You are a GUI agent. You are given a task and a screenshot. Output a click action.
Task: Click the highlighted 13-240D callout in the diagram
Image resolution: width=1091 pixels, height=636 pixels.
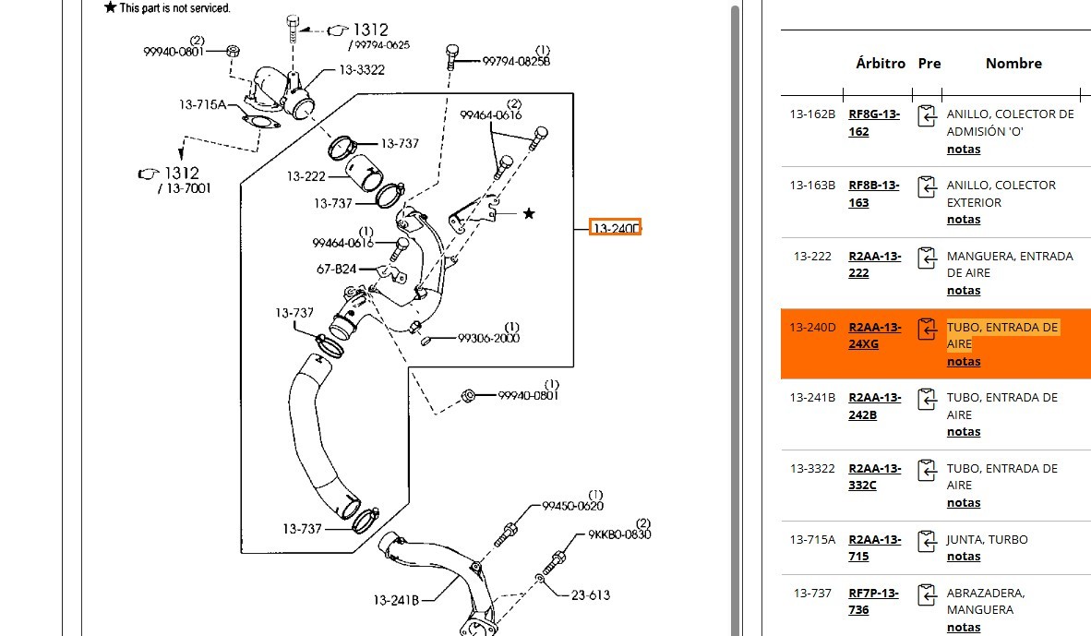click(615, 227)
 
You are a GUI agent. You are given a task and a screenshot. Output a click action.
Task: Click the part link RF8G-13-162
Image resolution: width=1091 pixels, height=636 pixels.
click(874, 123)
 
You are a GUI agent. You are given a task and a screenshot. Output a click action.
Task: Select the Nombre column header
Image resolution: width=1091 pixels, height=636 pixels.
click(1013, 64)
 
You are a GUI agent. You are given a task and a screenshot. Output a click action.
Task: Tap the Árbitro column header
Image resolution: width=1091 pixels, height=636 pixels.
click(880, 64)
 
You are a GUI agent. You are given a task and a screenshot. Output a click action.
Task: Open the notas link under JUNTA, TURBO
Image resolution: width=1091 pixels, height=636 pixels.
click(963, 557)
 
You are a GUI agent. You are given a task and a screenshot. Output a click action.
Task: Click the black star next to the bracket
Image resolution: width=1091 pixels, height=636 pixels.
click(529, 214)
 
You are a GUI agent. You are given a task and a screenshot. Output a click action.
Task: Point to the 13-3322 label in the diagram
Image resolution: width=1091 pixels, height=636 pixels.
click(361, 70)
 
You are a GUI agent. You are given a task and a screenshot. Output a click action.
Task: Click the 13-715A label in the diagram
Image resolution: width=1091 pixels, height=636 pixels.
click(202, 104)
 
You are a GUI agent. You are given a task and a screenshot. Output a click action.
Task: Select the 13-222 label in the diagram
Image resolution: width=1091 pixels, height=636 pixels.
click(306, 176)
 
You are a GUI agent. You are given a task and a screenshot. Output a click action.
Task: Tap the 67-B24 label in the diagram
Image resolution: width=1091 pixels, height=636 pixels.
click(336, 270)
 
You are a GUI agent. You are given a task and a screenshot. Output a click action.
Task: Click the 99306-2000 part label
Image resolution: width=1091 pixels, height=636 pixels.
click(488, 338)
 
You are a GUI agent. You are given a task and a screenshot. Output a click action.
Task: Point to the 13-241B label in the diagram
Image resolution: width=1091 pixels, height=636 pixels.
click(396, 600)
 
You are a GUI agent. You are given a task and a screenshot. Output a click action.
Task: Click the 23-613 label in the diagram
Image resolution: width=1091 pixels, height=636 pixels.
click(590, 595)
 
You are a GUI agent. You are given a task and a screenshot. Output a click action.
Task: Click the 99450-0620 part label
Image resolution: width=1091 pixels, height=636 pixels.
click(572, 506)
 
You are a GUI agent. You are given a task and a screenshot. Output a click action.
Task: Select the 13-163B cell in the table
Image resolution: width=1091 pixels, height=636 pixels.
click(812, 185)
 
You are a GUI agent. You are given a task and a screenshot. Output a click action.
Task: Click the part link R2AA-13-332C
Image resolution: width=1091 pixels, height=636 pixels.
click(874, 476)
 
